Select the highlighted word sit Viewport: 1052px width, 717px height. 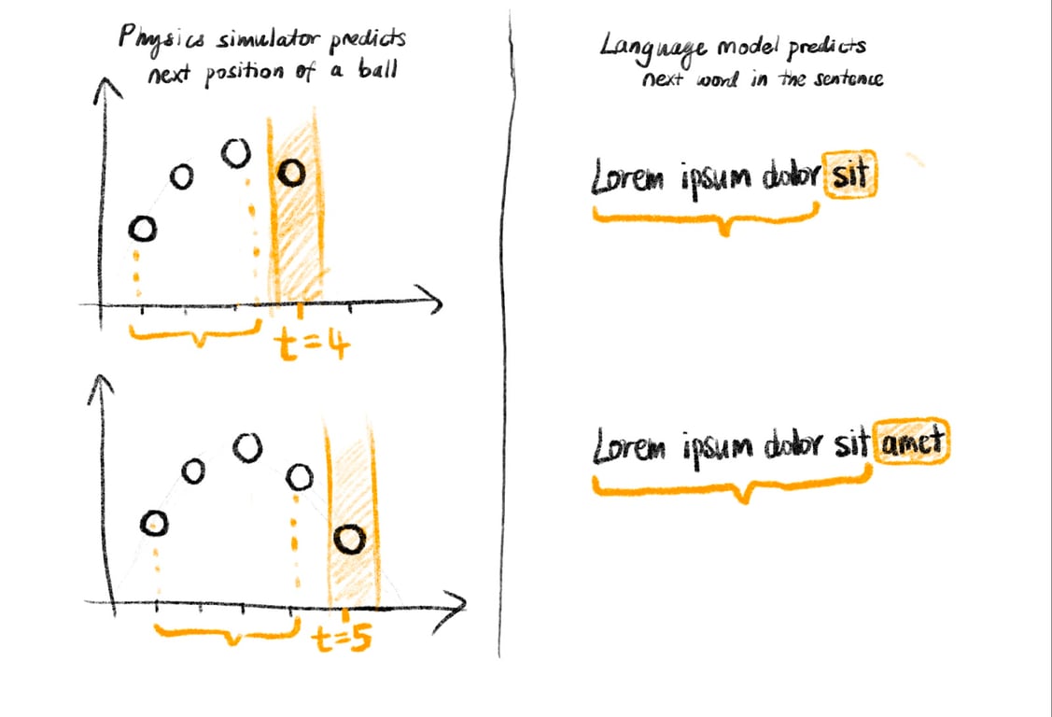[x=850, y=177]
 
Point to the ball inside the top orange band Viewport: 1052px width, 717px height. [x=292, y=173]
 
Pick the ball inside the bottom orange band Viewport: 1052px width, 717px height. [x=351, y=540]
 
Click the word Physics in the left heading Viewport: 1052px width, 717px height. [x=149, y=40]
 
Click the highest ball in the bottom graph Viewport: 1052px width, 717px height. [x=246, y=448]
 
